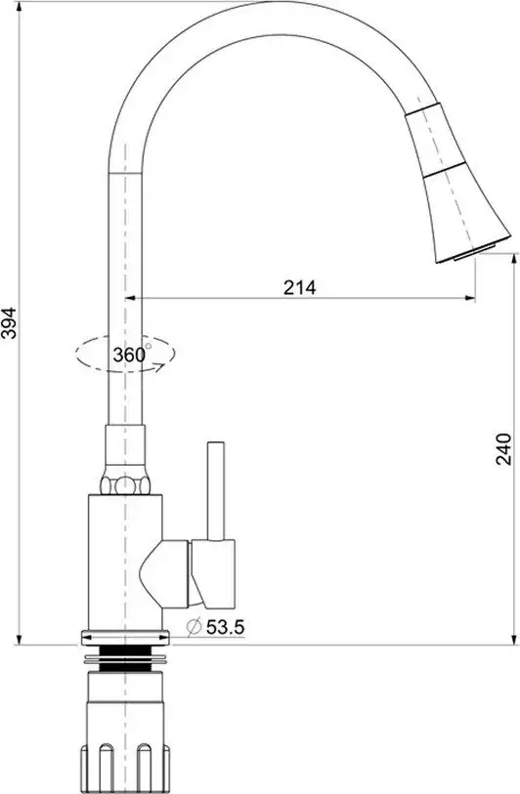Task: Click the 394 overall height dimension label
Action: coord(9,317)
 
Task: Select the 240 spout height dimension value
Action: coord(502,448)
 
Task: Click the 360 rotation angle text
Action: coord(128,355)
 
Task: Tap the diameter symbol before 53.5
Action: coord(192,626)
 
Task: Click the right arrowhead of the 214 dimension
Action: coord(472,297)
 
